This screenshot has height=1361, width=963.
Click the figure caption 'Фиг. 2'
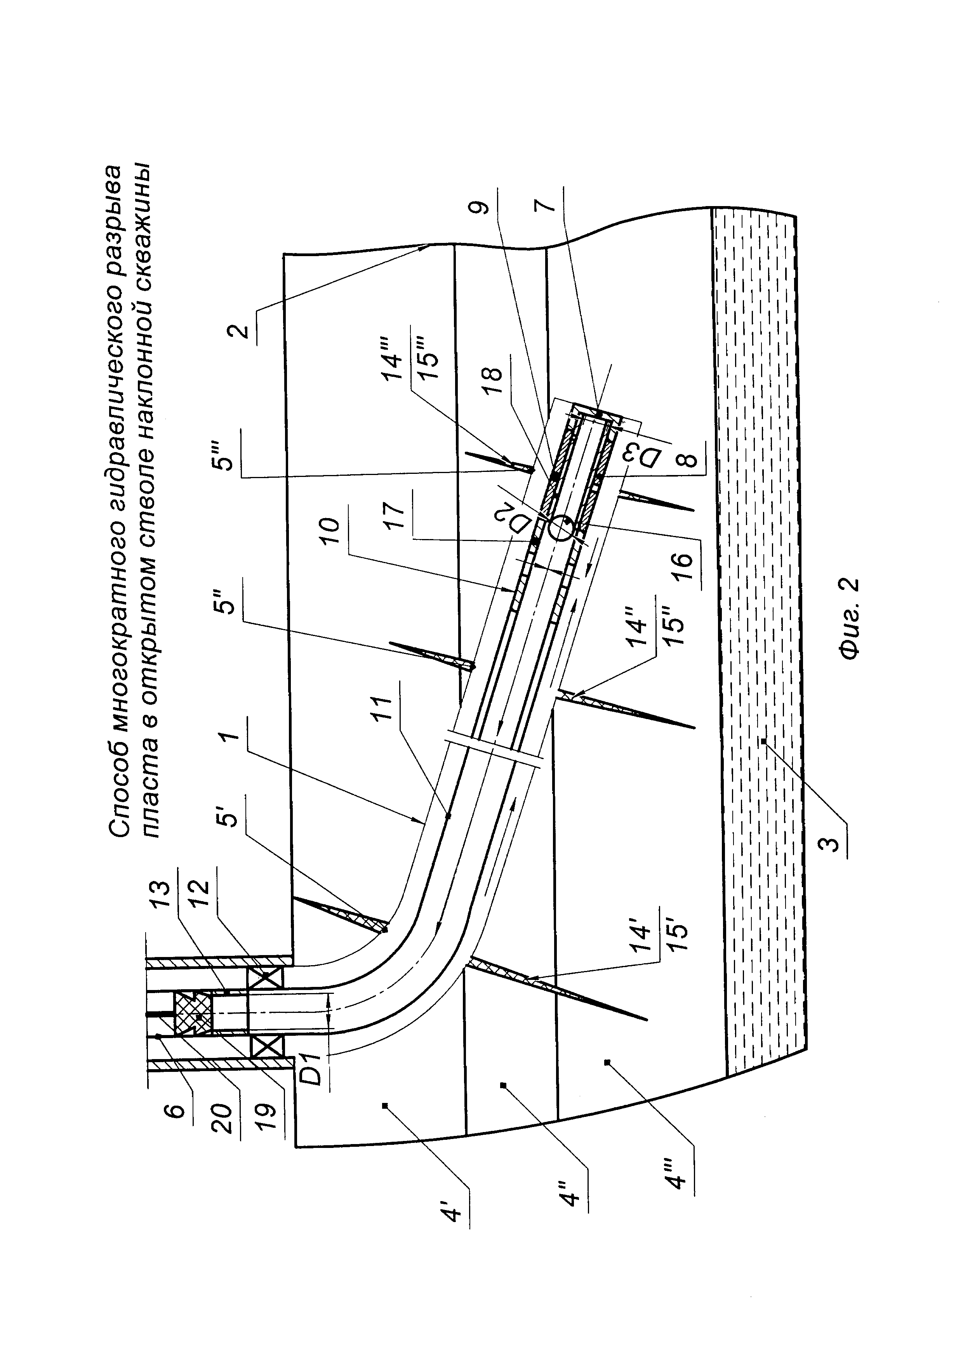pos(849,619)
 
